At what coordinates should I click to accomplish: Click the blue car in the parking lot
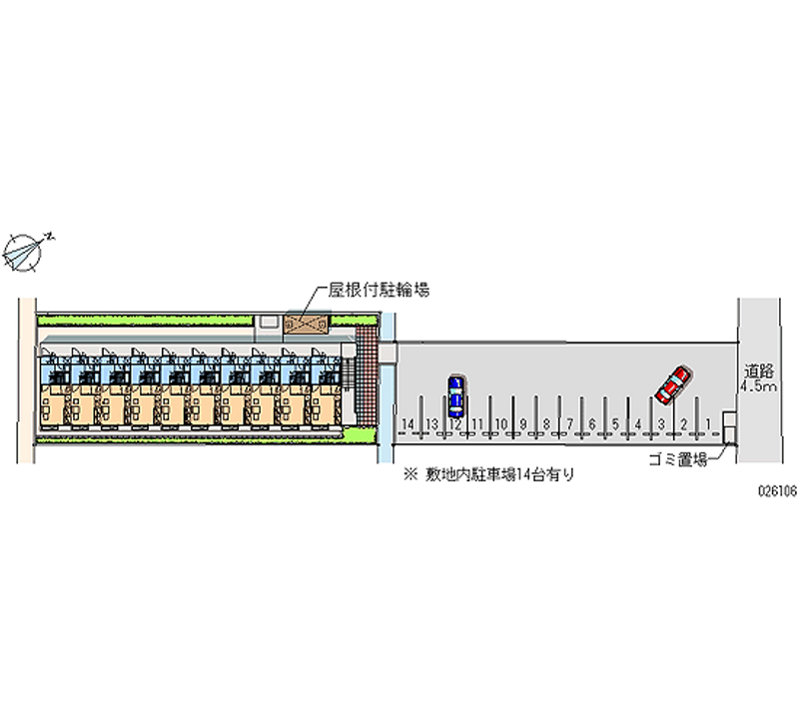pyautogui.click(x=455, y=396)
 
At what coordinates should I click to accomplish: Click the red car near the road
pyautogui.click(x=672, y=384)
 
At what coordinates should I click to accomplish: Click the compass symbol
pyautogui.click(x=26, y=251)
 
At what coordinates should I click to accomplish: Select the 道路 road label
pyautogui.click(x=755, y=368)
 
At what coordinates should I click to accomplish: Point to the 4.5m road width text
pyautogui.click(x=756, y=385)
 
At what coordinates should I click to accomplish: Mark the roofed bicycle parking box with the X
pyautogui.click(x=307, y=325)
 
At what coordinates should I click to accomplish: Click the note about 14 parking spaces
pyautogui.click(x=488, y=476)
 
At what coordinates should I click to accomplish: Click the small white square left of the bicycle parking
pyautogui.click(x=268, y=324)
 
